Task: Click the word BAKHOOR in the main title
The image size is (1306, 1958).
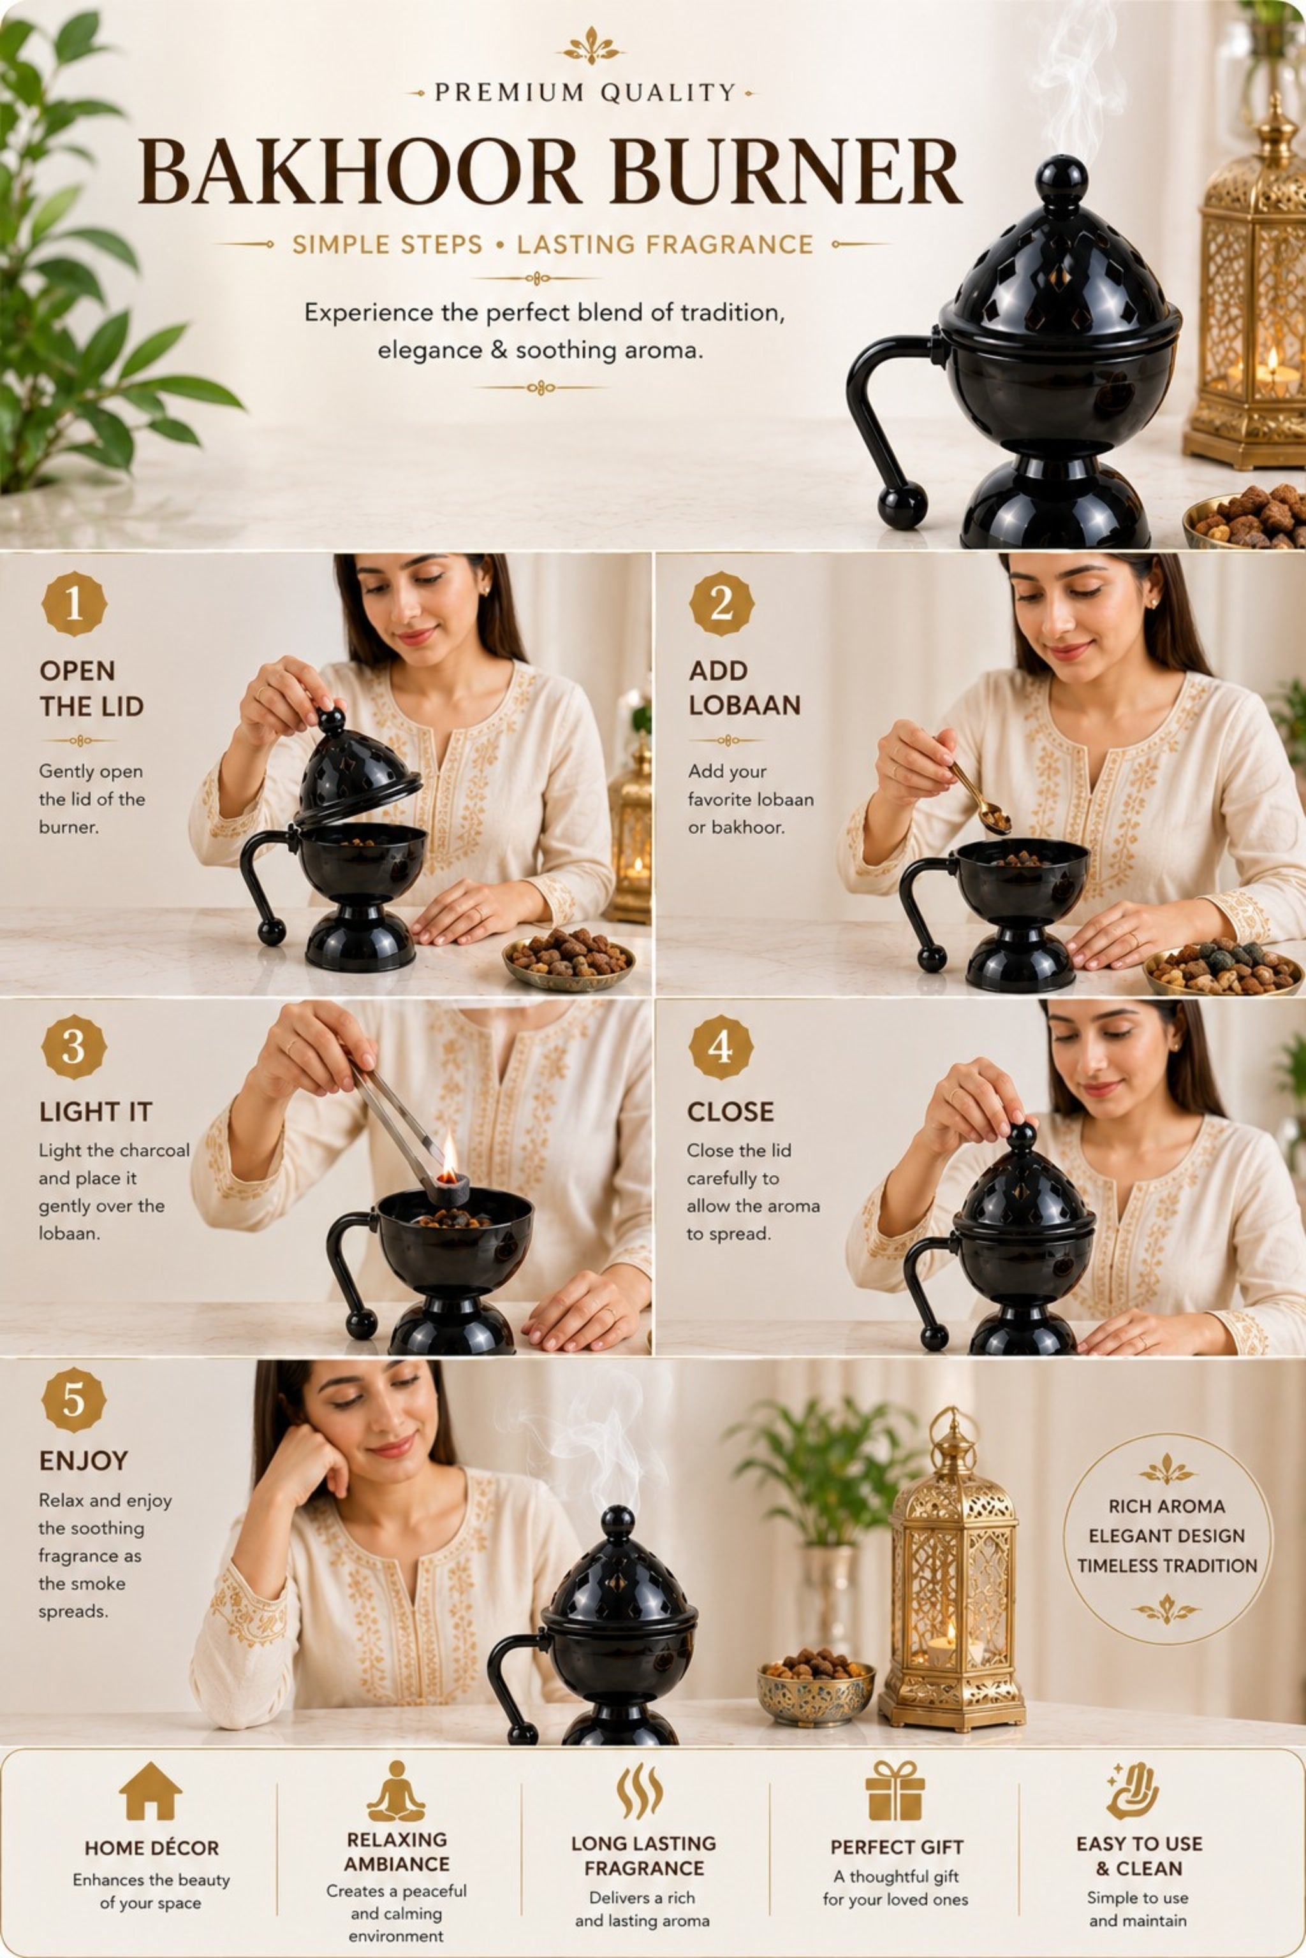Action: tap(359, 172)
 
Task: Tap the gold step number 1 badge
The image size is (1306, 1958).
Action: tap(74, 604)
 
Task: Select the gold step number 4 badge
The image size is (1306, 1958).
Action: tap(721, 1047)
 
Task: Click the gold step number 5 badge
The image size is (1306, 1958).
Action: tap(74, 1400)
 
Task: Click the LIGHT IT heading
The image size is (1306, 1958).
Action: tap(96, 1112)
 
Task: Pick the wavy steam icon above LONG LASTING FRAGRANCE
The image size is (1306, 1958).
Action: tap(640, 1790)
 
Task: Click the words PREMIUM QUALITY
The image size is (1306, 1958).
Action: tap(585, 92)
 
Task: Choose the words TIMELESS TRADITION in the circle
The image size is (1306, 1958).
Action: tap(1167, 1565)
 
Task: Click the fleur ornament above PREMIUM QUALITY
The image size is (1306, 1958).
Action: tap(591, 47)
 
